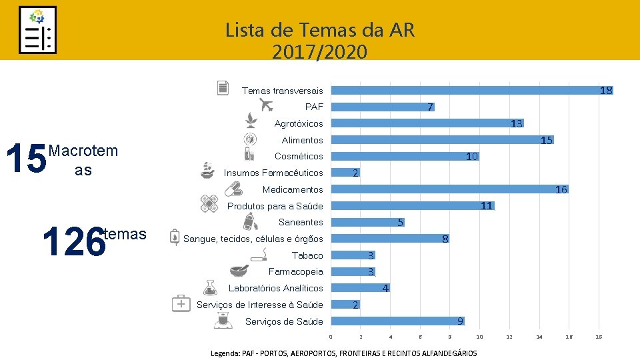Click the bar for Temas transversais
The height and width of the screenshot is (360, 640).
pyautogui.click(x=467, y=90)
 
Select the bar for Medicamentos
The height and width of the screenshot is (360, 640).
pyautogui.click(x=447, y=189)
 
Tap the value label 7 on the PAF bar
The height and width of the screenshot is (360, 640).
pyautogui.click(x=430, y=107)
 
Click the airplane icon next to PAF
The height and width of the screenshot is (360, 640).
pyautogui.click(x=266, y=105)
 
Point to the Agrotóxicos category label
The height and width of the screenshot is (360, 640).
pyautogui.click(x=299, y=123)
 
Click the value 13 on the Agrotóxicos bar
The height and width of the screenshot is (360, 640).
pyautogui.click(x=516, y=123)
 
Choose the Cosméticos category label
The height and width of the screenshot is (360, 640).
pyautogui.click(x=299, y=156)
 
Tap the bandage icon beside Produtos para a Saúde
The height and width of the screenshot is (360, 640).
pyautogui.click(x=209, y=203)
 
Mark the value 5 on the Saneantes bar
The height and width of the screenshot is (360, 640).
pyautogui.click(x=400, y=223)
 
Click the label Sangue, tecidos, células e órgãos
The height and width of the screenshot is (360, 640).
pyautogui.click(x=253, y=239)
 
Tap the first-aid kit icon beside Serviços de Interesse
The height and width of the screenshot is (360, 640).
pyautogui.click(x=181, y=303)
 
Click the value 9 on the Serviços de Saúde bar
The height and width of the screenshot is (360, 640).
pyautogui.click(x=460, y=321)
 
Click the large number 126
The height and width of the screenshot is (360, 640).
pyautogui.click(x=73, y=241)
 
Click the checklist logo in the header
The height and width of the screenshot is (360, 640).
pyautogui.click(x=37, y=30)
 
